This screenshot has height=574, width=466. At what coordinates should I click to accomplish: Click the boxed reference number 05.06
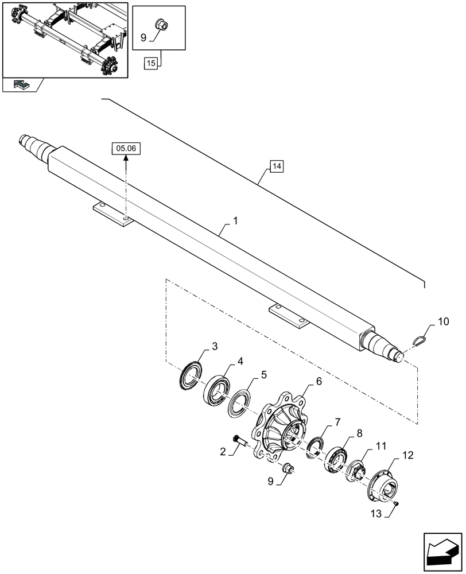(125, 148)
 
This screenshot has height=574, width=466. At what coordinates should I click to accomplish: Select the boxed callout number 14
(276, 167)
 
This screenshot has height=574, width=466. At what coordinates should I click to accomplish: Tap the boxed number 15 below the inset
(151, 63)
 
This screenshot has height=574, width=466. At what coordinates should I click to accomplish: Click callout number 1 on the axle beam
(235, 221)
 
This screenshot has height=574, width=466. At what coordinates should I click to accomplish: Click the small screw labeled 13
(397, 503)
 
